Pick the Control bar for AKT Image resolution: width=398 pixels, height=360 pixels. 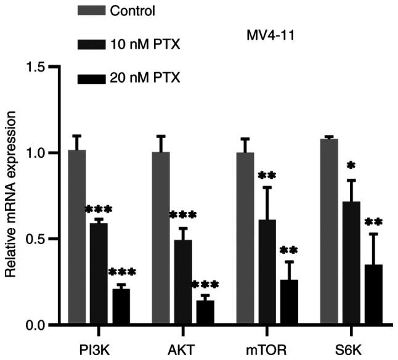point(160,238)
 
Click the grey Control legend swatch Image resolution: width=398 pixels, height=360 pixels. point(91,10)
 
